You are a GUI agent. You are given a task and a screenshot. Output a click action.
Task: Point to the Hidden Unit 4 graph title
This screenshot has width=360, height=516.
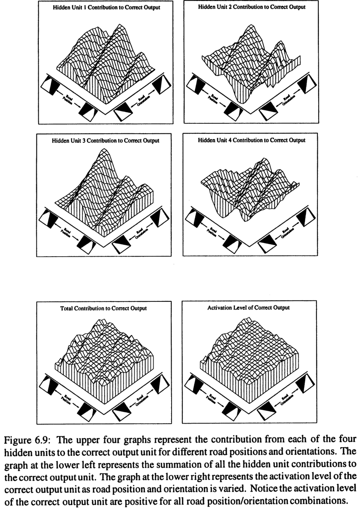tap(252, 141)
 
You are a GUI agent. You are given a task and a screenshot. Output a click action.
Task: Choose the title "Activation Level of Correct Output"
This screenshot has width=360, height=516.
tap(252, 308)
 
